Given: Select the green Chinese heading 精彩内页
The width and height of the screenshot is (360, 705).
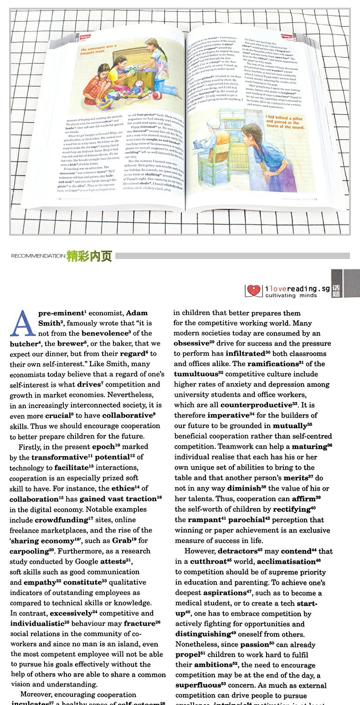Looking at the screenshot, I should (89, 256).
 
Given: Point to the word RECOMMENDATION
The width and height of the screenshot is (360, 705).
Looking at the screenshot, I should (38, 256).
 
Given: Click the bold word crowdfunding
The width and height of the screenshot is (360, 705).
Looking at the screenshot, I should (61, 520).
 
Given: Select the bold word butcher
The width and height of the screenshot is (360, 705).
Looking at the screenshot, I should (23, 344).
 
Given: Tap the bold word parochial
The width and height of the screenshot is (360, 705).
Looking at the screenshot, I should (252, 520).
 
